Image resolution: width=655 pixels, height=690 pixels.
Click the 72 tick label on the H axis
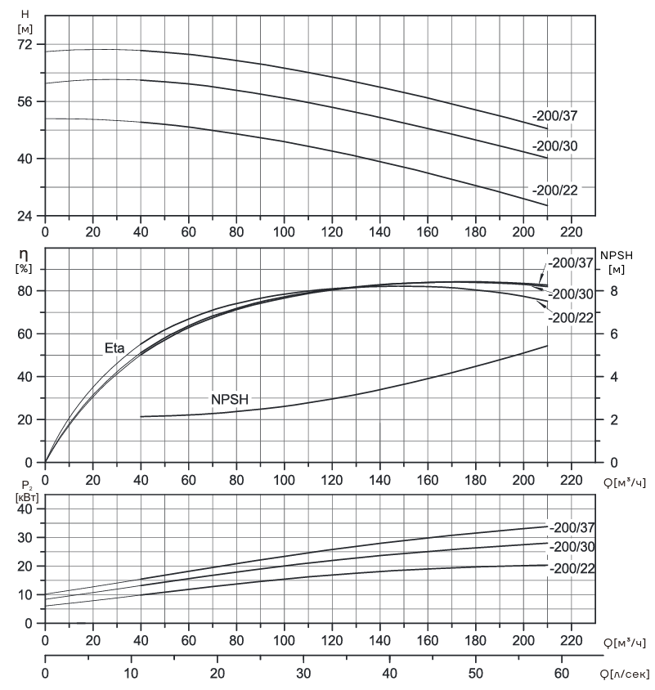tap(25, 44)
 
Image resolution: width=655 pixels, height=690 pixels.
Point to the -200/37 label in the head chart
tap(554, 116)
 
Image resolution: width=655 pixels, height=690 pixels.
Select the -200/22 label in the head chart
tap(554, 190)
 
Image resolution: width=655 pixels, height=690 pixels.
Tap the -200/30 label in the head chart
tap(554, 146)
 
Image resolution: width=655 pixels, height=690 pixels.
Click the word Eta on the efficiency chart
tap(114, 348)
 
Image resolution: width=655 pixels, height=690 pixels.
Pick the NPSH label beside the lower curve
tap(230, 399)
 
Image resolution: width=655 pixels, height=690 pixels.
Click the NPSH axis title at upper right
tap(617, 255)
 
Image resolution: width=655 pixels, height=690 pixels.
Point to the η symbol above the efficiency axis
tap(24, 254)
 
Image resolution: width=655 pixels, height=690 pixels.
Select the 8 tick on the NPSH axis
tap(613, 291)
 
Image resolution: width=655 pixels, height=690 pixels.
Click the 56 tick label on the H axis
tap(25, 101)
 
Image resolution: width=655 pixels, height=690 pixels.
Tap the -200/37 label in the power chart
tap(572, 527)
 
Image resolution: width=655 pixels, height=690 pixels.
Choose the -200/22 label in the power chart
tap(572, 568)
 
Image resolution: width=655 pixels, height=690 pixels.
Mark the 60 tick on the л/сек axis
tap(562, 674)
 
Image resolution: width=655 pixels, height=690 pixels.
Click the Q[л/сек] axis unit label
tap(625, 674)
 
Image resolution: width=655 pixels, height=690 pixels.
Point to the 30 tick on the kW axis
tap(25, 538)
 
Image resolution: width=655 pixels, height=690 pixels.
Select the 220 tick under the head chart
tap(571, 232)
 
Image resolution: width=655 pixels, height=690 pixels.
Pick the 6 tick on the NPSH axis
tap(613, 334)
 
